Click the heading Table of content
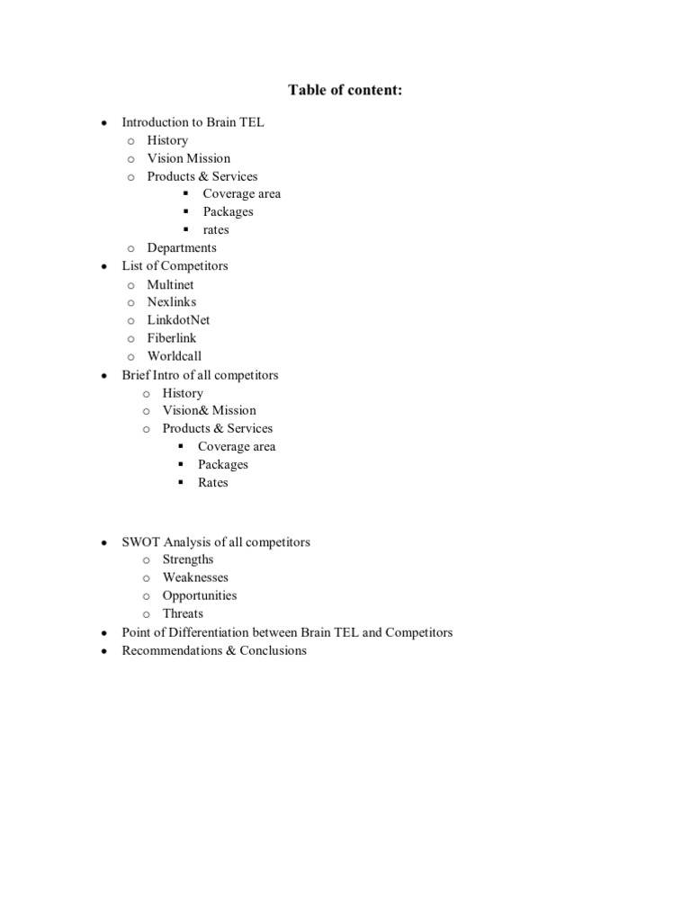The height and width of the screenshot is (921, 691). (x=345, y=90)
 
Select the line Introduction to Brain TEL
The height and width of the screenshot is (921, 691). (x=193, y=122)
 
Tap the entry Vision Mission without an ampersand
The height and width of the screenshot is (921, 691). (x=188, y=158)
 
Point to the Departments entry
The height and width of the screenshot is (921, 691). (x=182, y=248)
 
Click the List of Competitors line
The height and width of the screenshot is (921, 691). (x=175, y=266)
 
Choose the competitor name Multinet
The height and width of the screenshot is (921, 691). (x=170, y=285)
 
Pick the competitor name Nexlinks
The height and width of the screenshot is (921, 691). (x=171, y=302)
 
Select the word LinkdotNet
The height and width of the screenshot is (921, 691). (x=178, y=320)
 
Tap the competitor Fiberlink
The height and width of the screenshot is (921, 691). (x=171, y=338)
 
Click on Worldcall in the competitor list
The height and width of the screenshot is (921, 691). (x=175, y=356)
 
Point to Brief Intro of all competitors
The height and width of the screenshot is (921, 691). (x=200, y=375)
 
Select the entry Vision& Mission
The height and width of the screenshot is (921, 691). (x=209, y=411)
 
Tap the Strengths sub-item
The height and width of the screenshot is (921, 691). (x=188, y=559)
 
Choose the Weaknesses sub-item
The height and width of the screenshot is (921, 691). (x=195, y=577)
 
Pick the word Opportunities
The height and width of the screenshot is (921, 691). (x=200, y=595)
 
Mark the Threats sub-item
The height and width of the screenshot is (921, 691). (x=183, y=613)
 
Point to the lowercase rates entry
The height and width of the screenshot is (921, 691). (x=216, y=230)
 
